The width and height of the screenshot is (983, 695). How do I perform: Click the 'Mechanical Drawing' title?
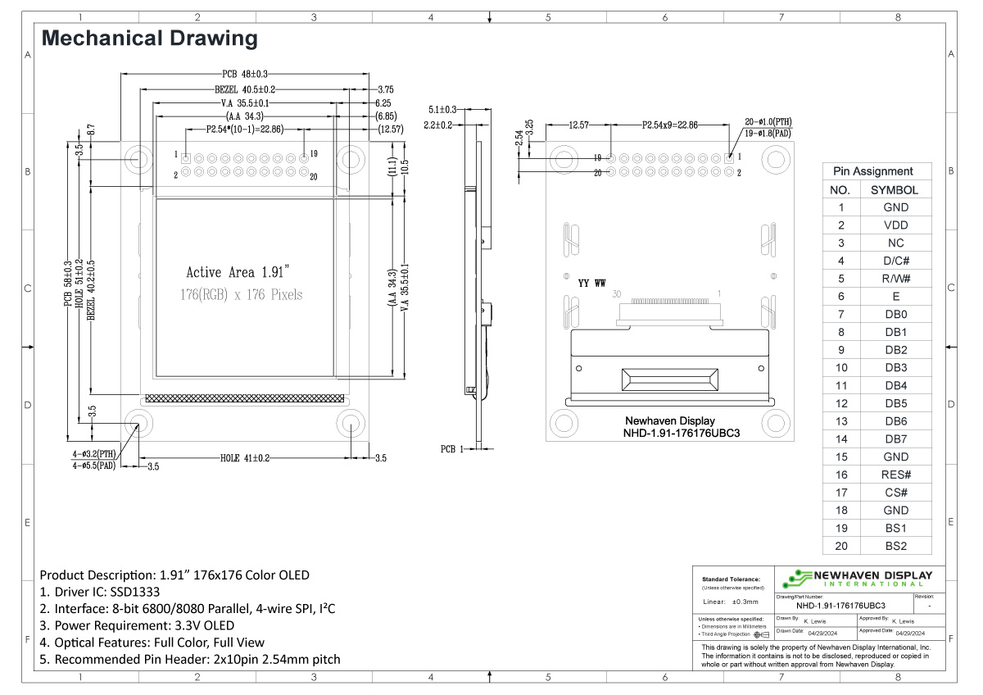[149, 39]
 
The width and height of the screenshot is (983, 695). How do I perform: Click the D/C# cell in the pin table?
[895, 261]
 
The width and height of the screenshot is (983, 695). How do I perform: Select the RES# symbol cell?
[895, 475]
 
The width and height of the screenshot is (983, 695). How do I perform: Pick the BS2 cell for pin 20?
[895, 546]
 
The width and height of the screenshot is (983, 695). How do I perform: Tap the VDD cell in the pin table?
[895, 225]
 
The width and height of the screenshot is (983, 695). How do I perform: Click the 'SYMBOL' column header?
[895, 189]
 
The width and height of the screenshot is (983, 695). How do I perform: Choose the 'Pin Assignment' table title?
[872, 171]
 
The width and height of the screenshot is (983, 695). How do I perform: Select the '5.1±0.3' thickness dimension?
[442, 109]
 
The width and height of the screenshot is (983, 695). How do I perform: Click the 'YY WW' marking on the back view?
[591, 283]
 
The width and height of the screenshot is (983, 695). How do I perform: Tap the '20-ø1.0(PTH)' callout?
[768, 121]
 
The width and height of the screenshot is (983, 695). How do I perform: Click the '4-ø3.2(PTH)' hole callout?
[94, 453]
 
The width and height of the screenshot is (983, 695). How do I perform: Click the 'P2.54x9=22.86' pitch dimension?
[671, 125]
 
